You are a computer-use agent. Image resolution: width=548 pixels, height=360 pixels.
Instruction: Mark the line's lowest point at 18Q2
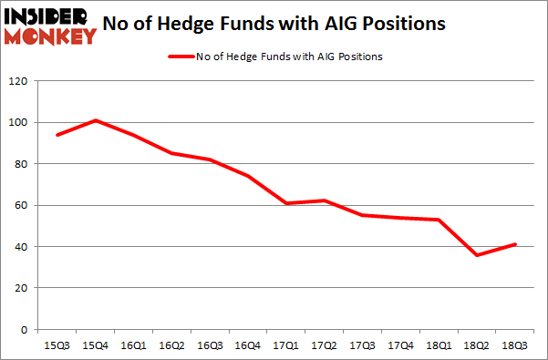coord(476,254)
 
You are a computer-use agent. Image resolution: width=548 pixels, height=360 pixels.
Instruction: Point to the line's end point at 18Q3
coord(514,244)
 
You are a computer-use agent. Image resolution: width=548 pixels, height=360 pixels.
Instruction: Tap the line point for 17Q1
coord(286,203)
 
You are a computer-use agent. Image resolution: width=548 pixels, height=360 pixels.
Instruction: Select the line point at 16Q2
coord(172,153)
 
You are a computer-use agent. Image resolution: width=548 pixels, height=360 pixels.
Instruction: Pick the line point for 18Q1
coord(439,220)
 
